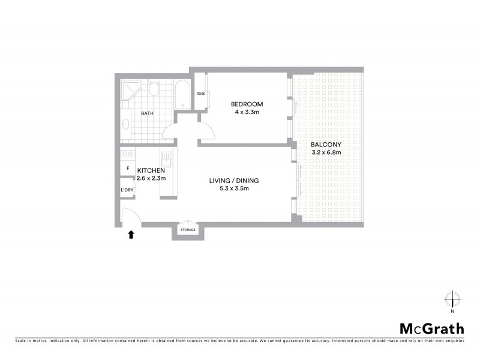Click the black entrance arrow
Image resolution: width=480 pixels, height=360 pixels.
point(131,235)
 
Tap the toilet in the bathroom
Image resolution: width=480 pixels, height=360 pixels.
point(154,89)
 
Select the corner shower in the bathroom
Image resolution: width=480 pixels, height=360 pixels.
point(130,90)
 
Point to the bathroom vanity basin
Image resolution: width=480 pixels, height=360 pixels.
point(126,124)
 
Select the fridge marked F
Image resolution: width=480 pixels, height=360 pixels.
point(127,169)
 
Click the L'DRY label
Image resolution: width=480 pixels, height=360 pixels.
point(127,190)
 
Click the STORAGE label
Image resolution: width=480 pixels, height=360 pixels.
point(188,230)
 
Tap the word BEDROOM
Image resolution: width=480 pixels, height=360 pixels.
point(247,104)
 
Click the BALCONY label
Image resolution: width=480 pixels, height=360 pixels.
point(326,145)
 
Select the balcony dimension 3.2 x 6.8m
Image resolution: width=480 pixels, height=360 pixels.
point(326,152)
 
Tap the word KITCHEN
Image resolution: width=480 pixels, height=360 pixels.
point(151,170)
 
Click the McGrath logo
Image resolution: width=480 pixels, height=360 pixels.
point(432,328)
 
